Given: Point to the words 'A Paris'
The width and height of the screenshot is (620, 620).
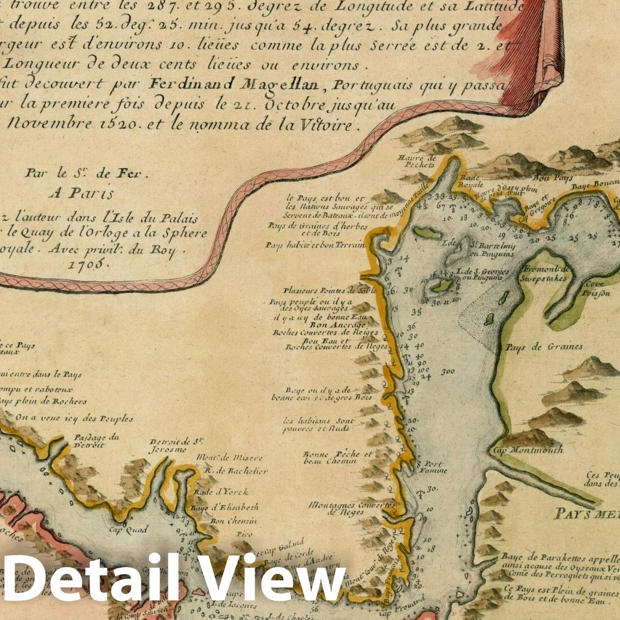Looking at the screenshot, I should click(81, 193).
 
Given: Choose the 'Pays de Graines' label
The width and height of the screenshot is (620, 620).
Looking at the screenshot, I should click(544, 347).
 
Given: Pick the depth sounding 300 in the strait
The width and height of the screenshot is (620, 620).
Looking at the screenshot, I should click(447, 372).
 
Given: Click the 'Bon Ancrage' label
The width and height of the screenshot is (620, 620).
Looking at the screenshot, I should click(338, 325).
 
